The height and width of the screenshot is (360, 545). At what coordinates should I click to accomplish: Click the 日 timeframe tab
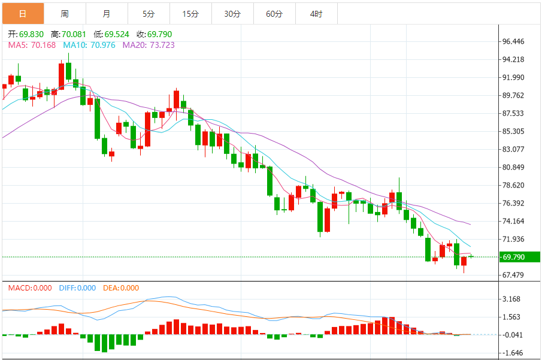coord(23,13)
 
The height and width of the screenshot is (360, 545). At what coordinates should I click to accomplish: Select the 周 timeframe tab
coord(65,13)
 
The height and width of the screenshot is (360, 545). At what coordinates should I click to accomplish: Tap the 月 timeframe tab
coord(107,13)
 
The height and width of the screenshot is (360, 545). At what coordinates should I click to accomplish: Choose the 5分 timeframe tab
coord(149,13)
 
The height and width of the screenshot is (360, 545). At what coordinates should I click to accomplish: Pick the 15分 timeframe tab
coord(190,13)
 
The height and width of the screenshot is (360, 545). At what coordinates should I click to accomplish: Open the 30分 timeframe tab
coord(232,13)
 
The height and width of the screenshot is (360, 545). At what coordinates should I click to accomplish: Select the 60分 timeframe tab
coord(274,13)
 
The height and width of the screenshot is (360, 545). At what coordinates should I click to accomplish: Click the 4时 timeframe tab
coord(316,13)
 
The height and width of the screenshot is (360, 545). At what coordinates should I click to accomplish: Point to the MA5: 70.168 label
coord(32,44)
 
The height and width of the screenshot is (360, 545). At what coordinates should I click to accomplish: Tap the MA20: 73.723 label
coord(149,44)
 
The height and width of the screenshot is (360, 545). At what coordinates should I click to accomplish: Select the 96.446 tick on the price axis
coord(514,41)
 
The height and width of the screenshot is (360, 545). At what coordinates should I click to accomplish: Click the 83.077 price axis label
coord(514,149)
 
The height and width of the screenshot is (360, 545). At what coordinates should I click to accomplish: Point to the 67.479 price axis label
coord(514,275)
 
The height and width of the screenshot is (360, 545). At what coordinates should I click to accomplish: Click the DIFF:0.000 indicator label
coord(77,288)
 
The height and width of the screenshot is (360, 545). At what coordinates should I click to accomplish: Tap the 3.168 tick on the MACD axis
coord(511,299)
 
